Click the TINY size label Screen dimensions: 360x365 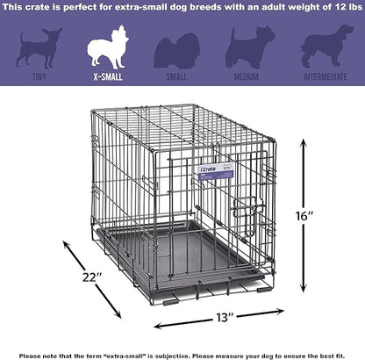(38, 77)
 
